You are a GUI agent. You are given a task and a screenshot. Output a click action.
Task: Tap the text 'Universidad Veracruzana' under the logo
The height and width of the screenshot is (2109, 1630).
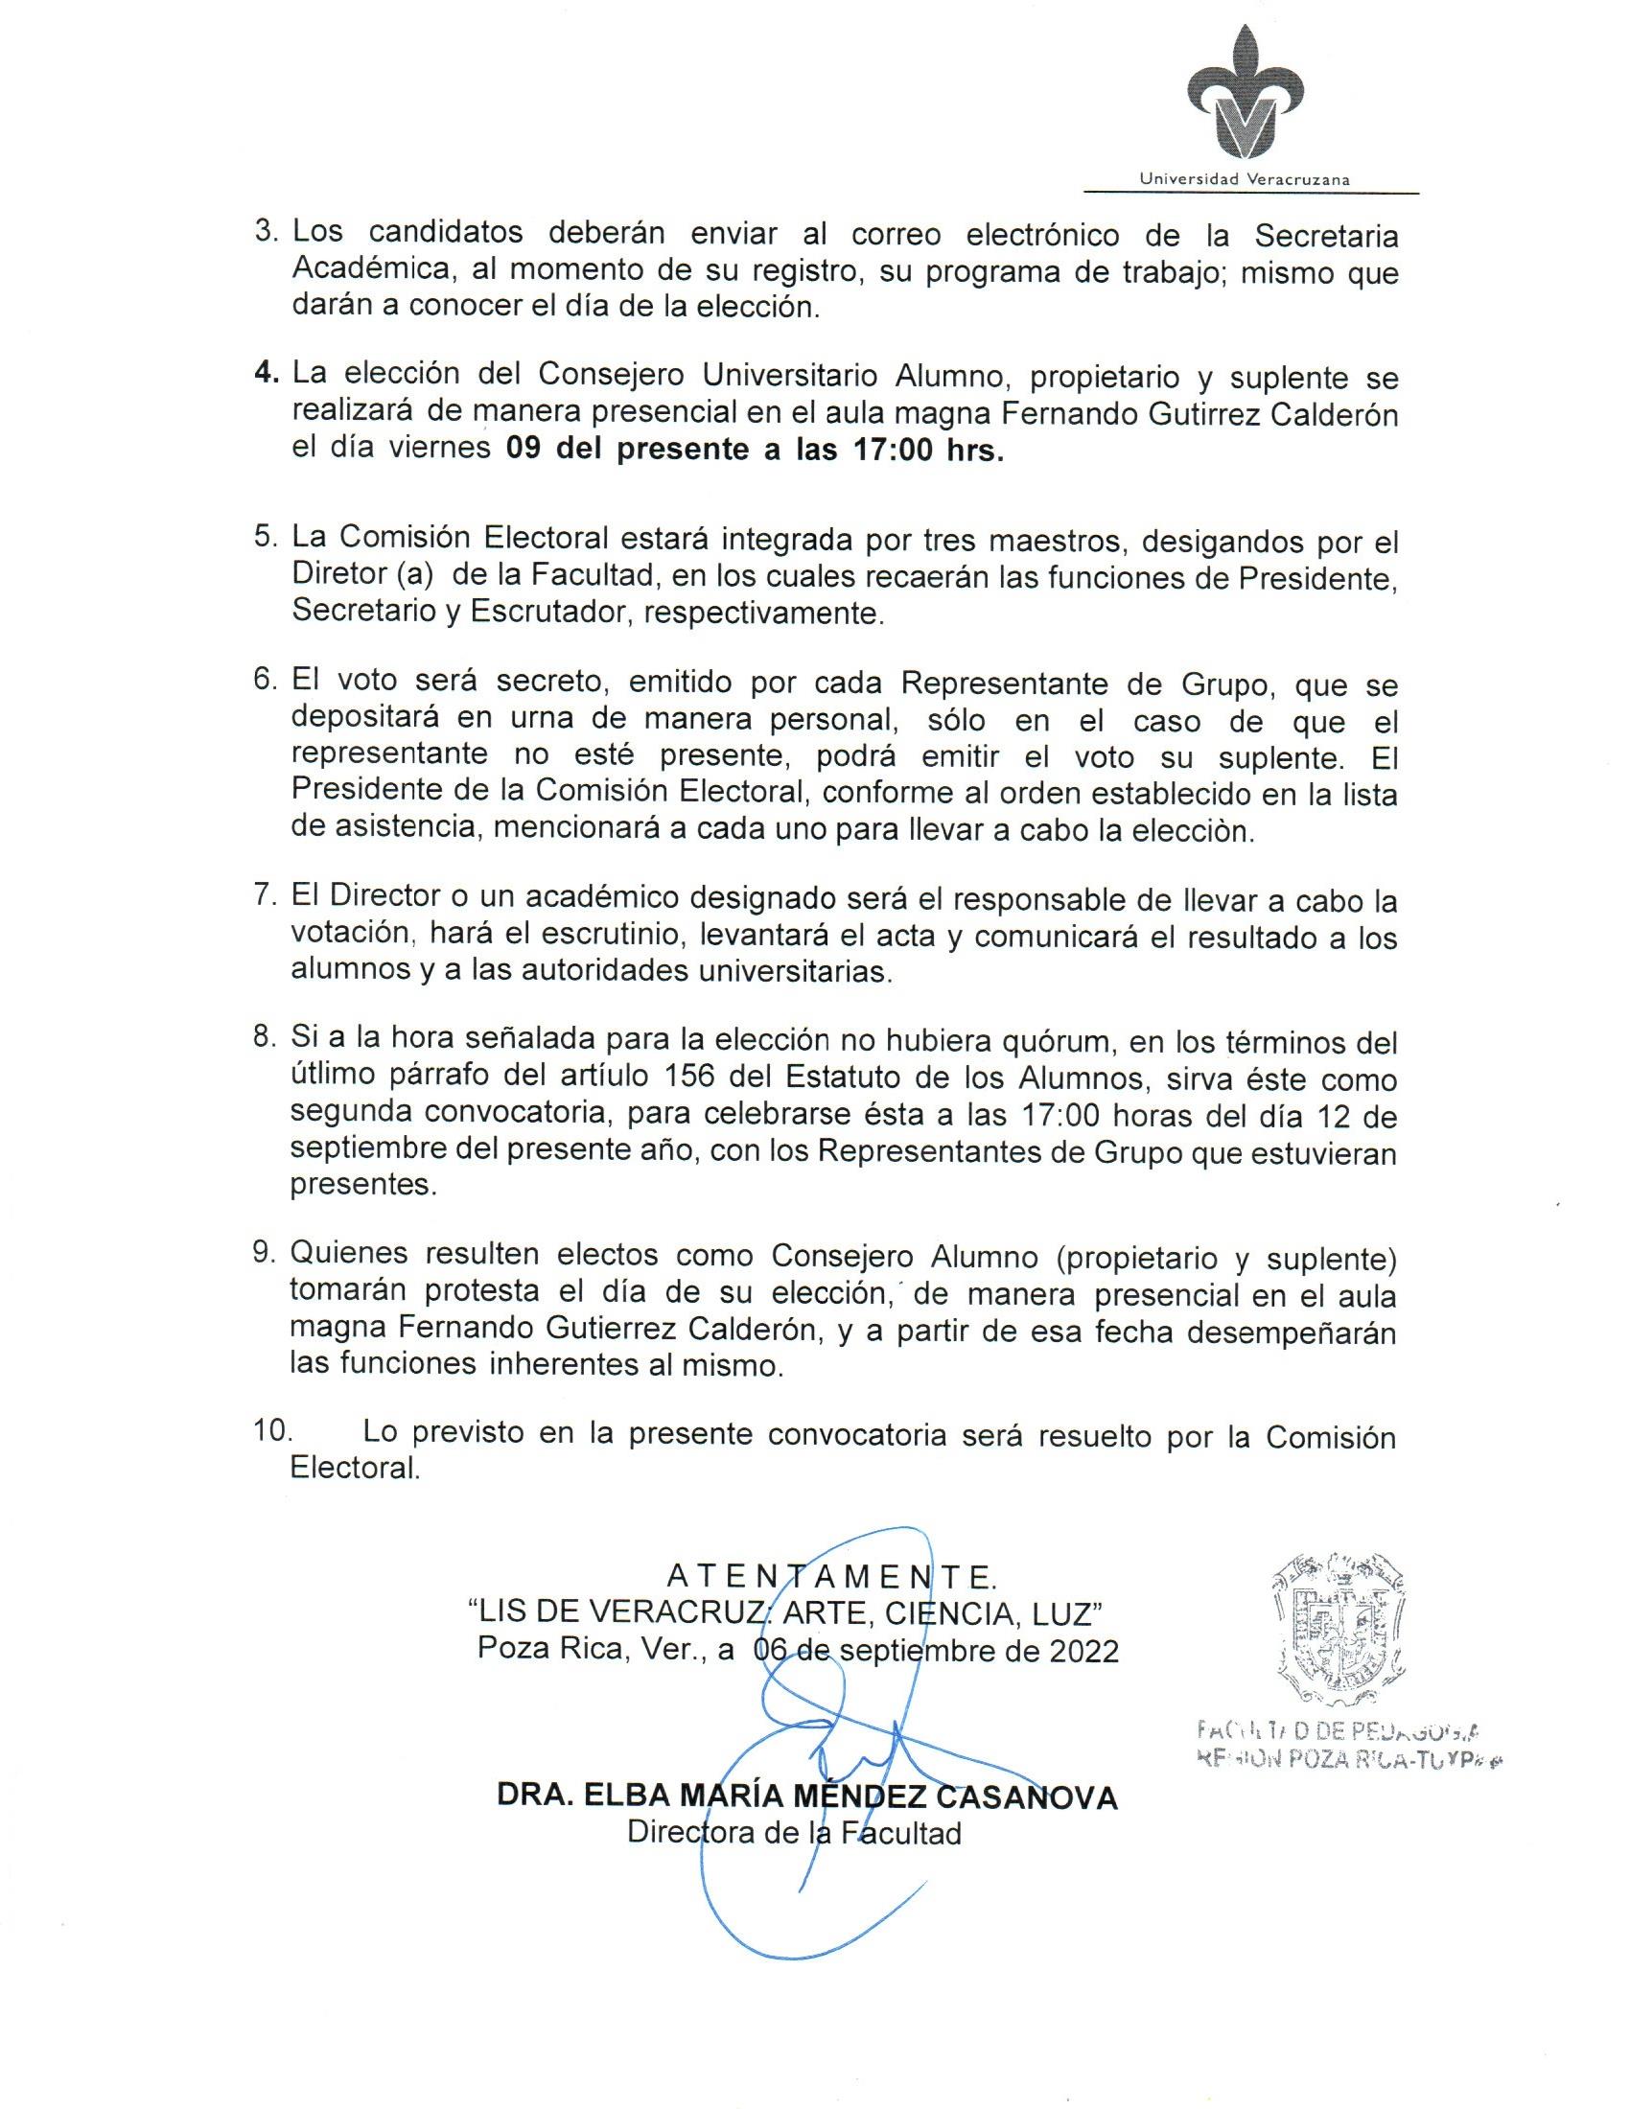tap(1245, 178)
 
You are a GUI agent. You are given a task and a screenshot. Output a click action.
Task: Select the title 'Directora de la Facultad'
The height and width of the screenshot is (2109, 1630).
tap(794, 1832)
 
